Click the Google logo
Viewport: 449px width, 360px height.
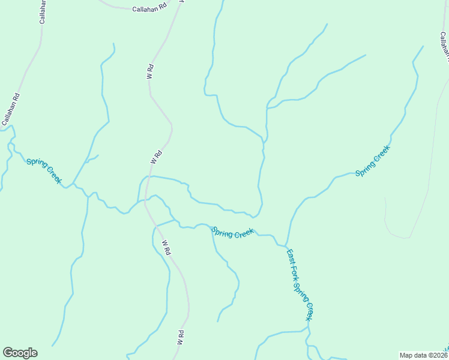pos(20,353)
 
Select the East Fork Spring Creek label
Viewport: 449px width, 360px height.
pos(300,284)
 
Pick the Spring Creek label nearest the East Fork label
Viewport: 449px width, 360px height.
pos(233,233)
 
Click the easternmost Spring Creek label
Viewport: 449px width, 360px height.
pos(373,161)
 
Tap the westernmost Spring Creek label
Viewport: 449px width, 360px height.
pos(44,171)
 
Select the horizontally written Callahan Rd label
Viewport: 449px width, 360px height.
pos(149,9)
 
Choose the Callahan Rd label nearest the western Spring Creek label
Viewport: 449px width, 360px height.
pos(11,109)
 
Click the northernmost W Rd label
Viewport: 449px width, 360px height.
pos(150,72)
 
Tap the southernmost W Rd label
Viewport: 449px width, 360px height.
pos(179,337)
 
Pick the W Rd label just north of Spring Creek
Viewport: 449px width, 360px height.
pos(157,157)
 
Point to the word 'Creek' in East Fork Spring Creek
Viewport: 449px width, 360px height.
pos(309,311)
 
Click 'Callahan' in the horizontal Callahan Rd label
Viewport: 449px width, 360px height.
pos(145,9)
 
